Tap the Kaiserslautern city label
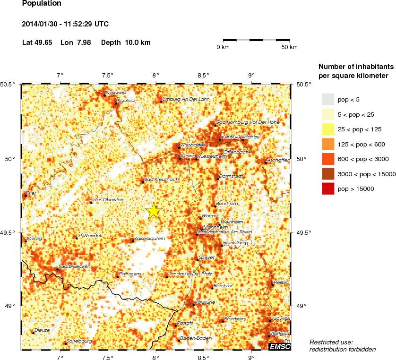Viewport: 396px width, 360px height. (x=150, y=239)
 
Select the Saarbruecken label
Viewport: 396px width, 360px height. (x=74, y=266)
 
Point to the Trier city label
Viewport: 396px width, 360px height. (x=31, y=193)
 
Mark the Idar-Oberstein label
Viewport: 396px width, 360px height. (x=109, y=200)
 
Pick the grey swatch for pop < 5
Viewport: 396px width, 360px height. (x=328, y=99)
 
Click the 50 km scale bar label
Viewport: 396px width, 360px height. (x=289, y=47)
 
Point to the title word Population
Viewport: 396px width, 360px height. (x=42, y=4)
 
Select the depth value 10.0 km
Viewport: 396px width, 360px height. (x=138, y=43)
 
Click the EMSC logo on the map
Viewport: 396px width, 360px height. (x=280, y=347)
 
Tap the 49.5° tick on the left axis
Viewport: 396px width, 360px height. (x=11, y=232)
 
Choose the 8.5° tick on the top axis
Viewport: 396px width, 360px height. (x=203, y=76)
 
